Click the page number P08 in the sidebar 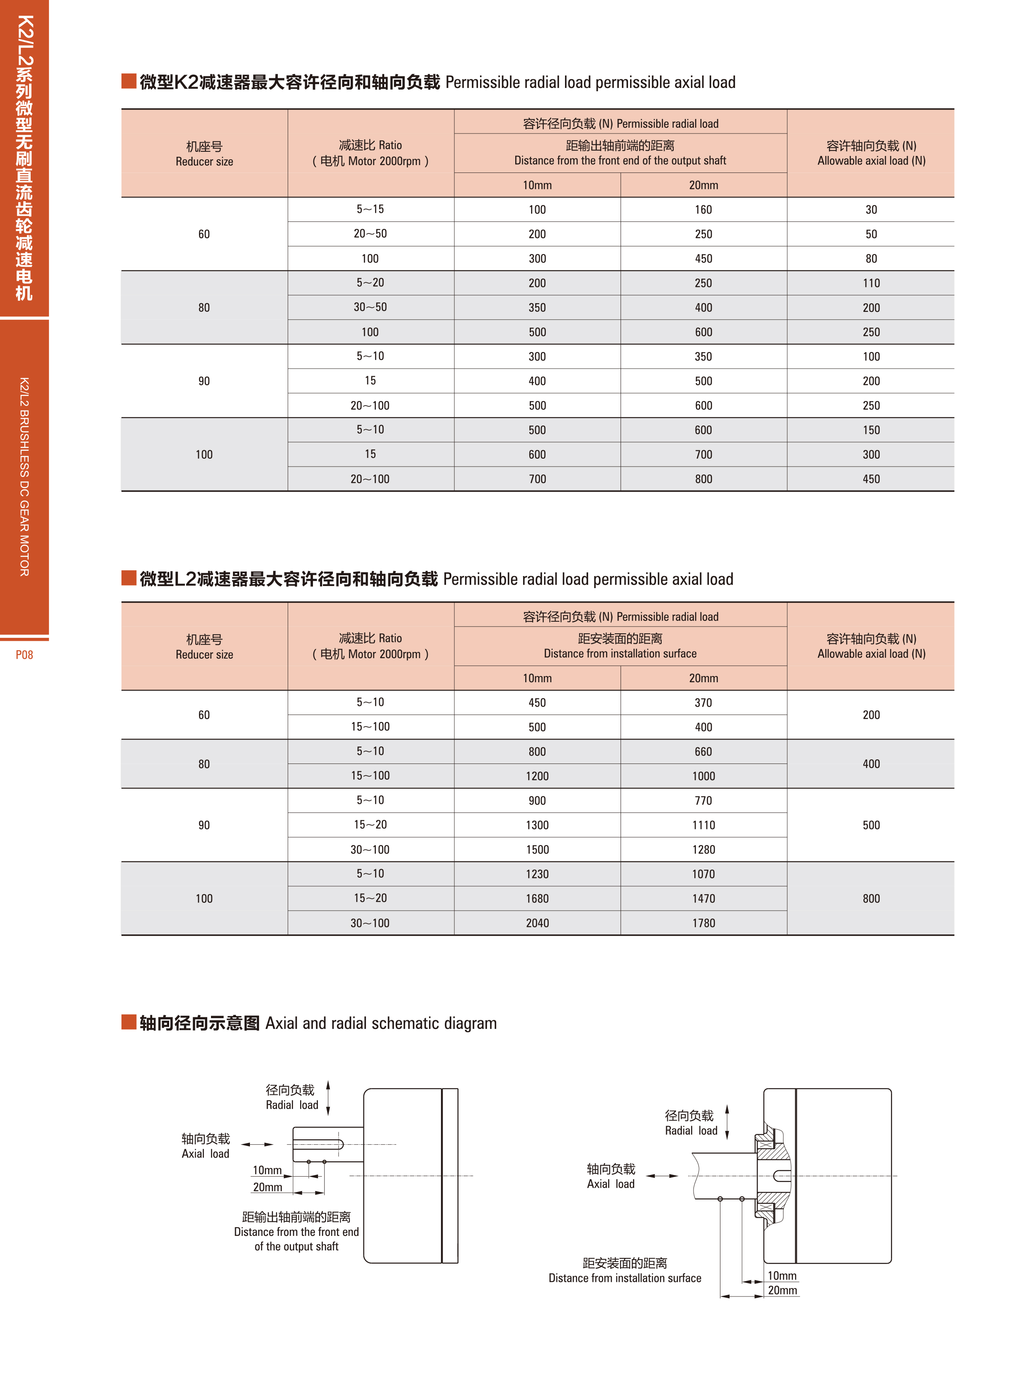(x=24, y=654)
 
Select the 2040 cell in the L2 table (x=537, y=923)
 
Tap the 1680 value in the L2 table (x=537, y=898)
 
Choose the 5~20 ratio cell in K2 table (x=370, y=283)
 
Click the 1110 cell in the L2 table (x=703, y=825)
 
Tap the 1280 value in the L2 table (x=703, y=849)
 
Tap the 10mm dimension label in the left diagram (x=267, y=1170)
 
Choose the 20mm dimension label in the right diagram (x=782, y=1290)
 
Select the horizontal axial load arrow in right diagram (x=662, y=1176)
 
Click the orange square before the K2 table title (x=129, y=81)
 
